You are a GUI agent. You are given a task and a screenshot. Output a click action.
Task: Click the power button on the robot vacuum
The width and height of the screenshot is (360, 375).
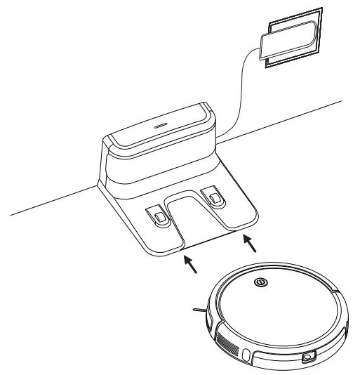coord(260,283)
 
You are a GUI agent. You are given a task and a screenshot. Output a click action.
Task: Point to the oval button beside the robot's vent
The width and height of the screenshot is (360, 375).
coord(246,352)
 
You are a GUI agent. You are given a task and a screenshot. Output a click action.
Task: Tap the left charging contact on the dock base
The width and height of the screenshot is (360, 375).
coord(159,215)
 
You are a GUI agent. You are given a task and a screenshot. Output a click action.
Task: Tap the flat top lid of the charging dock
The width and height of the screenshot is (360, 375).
coord(158,126)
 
